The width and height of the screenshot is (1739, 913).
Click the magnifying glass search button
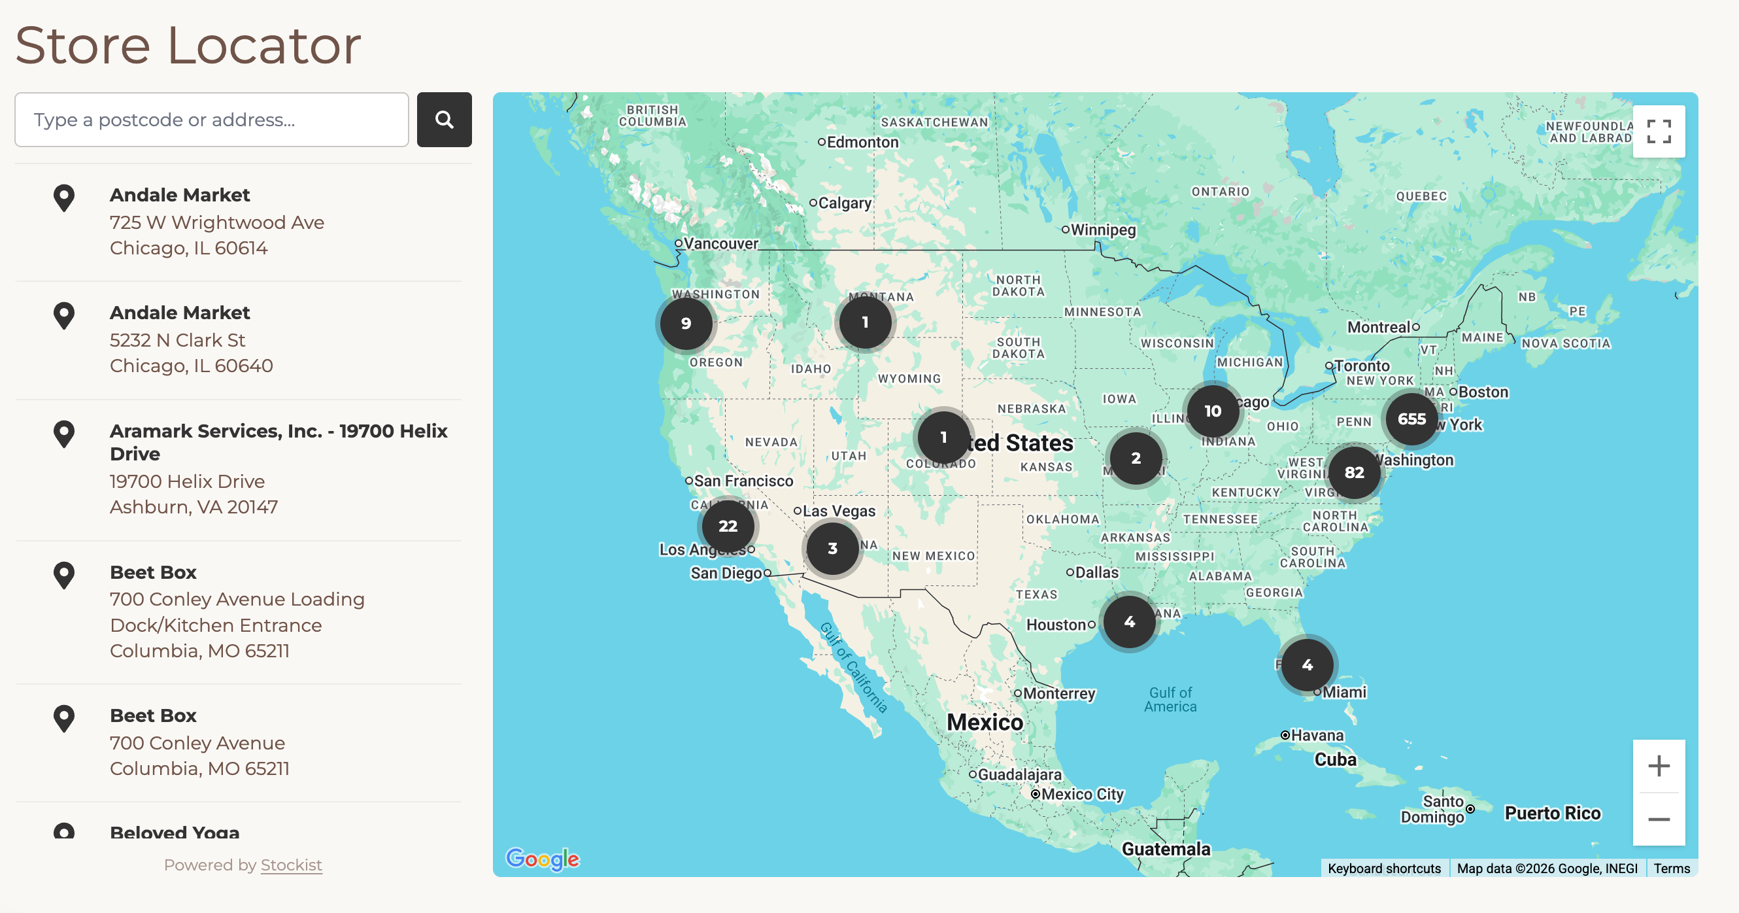click(443, 120)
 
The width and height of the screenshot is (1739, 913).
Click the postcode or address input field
click(211, 120)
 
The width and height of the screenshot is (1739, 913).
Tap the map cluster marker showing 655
click(1411, 419)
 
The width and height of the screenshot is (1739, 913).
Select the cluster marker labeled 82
click(1353, 473)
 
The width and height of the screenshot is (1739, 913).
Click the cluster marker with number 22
click(727, 526)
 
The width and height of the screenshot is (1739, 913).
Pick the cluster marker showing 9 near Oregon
click(685, 324)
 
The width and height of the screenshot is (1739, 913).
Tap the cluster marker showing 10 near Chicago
click(1213, 411)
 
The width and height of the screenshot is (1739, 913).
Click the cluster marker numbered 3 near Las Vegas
click(832, 548)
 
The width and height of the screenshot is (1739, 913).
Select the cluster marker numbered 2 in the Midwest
click(1136, 458)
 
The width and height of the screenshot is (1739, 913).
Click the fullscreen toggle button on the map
click(1658, 131)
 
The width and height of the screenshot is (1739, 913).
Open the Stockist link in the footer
click(291, 865)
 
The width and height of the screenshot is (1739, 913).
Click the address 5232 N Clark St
click(178, 339)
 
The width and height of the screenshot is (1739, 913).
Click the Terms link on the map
click(1671, 869)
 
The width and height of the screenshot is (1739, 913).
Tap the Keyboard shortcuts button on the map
click(1383, 869)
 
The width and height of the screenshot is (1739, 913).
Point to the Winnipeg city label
click(1102, 230)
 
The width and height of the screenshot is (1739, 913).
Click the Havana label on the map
click(1317, 735)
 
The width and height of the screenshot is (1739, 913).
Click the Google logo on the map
click(542, 859)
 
